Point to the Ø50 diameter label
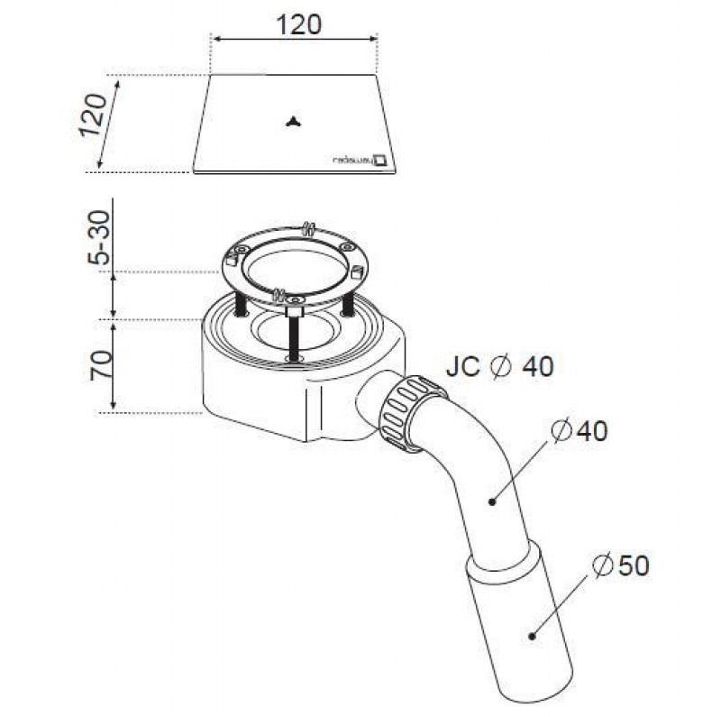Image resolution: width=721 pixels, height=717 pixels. point(621,565)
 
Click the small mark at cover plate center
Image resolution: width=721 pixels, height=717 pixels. point(293,124)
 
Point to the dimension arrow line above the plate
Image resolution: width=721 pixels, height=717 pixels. point(294,39)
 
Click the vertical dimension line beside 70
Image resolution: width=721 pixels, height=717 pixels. point(113,365)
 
